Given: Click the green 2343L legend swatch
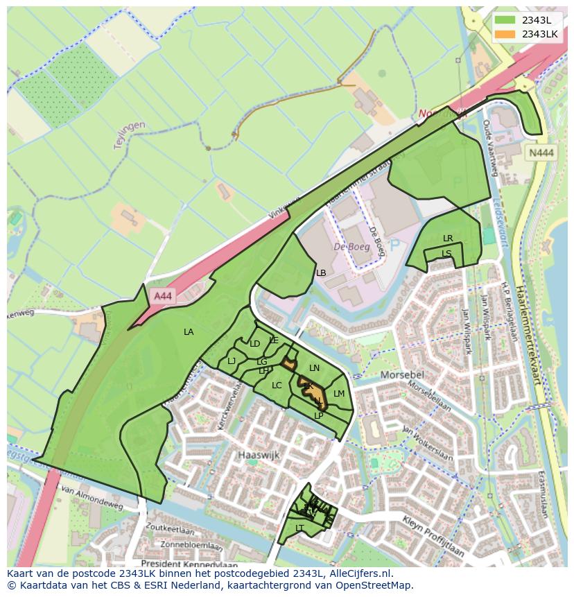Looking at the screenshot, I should pyautogui.click(x=505, y=19).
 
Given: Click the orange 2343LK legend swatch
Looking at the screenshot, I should pyautogui.click(x=505, y=34).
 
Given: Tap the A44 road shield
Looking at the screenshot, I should pyautogui.click(x=162, y=296).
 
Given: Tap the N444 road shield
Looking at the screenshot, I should pyautogui.click(x=541, y=154).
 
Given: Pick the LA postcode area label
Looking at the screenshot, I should pyautogui.click(x=189, y=332).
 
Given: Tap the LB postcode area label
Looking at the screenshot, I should pyautogui.click(x=321, y=273).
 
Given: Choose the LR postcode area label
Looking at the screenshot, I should pyautogui.click(x=448, y=239).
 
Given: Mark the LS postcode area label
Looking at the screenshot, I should pyautogui.click(x=446, y=253).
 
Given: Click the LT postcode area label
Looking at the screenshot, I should pyautogui.click(x=299, y=528).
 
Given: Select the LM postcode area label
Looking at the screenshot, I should pyautogui.click(x=339, y=394).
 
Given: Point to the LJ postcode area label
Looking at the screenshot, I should pyautogui.click(x=232, y=361).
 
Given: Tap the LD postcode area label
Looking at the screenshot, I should pyautogui.click(x=254, y=344).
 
